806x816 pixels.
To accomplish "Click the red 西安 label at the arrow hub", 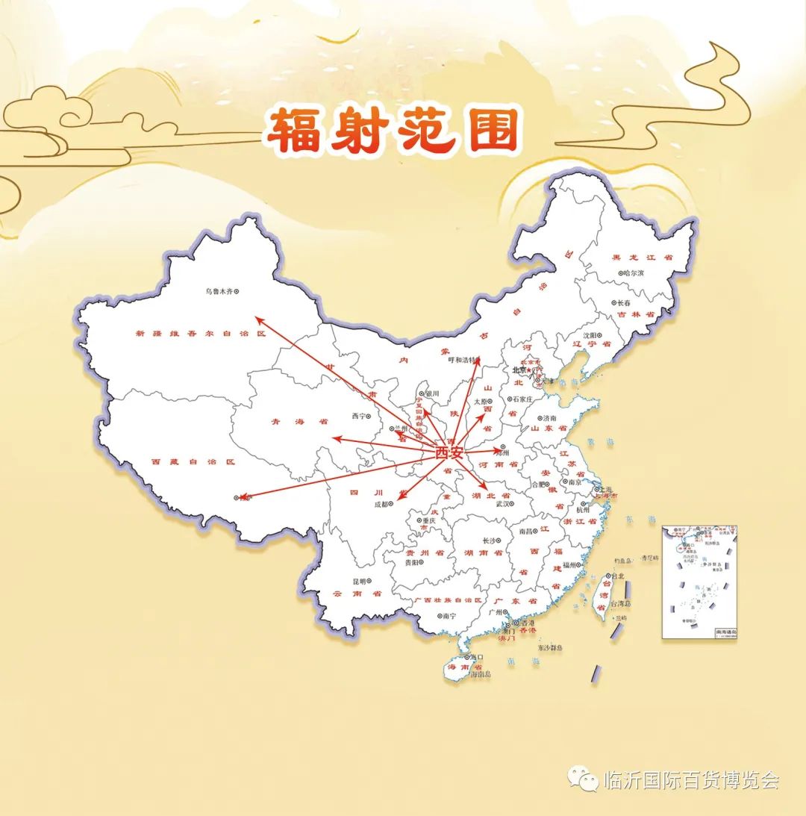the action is pyautogui.click(x=449, y=452).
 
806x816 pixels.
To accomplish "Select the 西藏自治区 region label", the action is pyautogui.click(x=193, y=462).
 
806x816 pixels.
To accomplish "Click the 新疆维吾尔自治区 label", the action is pyautogui.click(x=200, y=334).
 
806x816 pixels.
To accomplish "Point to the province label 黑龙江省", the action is pyautogui.click(x=643, y=257).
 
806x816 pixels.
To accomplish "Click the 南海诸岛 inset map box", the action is pyautogui.click(x=699, y=582).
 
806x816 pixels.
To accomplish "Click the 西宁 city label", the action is pyautogui.click(x=359, y=416).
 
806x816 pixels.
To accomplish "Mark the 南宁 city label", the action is pyautogui.click(x=448, y=616).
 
